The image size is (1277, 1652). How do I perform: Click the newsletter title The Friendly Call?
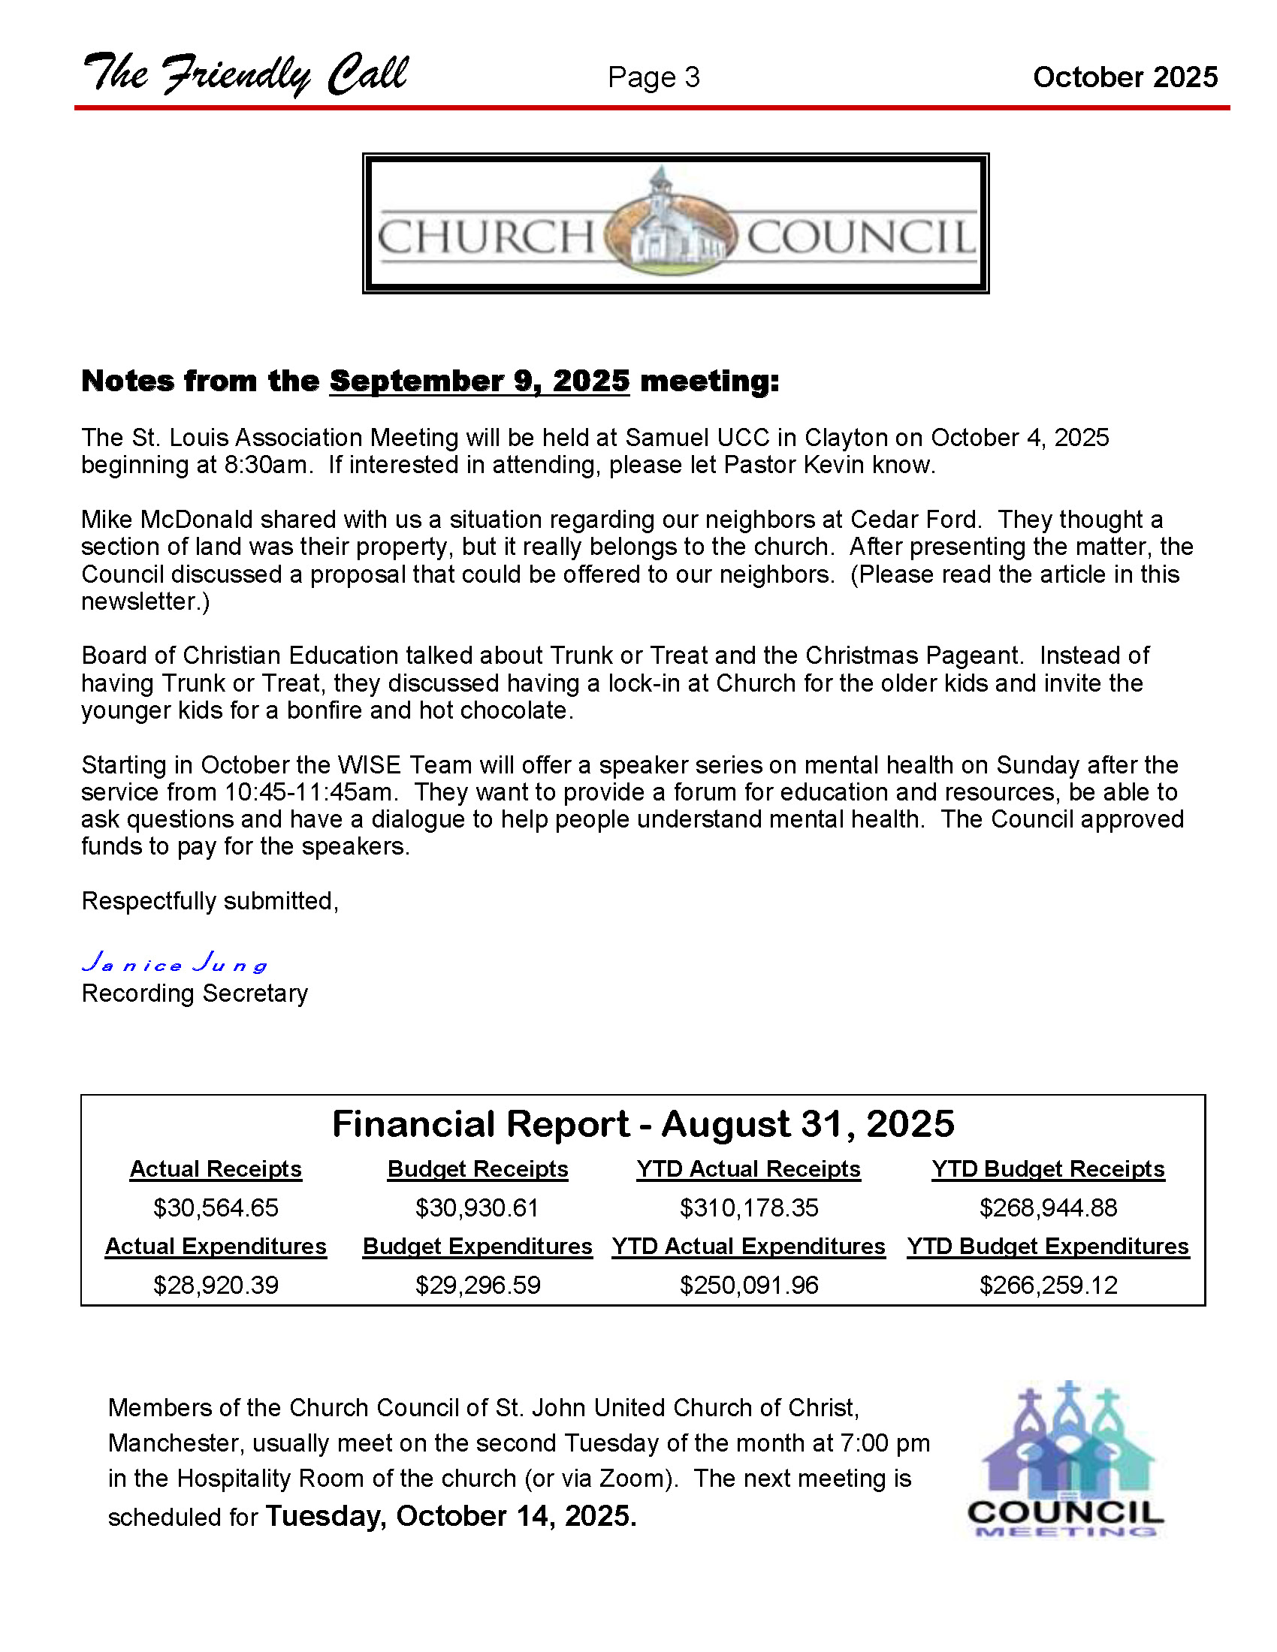point(245,75)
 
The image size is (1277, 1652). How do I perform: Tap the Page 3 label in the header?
point(654,77)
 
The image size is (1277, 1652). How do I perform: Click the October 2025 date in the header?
point(1125,77)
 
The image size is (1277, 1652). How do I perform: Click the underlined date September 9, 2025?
point(480,381)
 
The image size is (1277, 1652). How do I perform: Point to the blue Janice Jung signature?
point(175,963)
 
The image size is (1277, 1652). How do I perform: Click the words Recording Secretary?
point(195,993)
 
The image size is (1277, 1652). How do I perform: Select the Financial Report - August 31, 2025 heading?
point(643,1124)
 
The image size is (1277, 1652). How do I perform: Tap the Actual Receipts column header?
point(216,1169)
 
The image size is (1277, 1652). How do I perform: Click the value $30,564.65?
point(216,1208)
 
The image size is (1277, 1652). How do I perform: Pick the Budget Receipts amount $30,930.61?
point(477,1208)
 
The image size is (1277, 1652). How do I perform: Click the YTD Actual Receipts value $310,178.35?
point(748,1208)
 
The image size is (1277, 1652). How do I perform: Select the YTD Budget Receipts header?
point(1048,1169)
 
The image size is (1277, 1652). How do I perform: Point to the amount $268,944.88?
point(1048,1208)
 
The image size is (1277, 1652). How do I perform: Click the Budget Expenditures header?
point(477,1247)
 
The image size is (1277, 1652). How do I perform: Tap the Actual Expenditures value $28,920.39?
point(216,1285)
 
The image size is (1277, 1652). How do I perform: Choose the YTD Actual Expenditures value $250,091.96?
point(748,1285)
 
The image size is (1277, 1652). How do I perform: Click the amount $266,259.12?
point(1048,1285)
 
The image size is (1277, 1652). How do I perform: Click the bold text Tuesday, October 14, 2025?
point(451,1516)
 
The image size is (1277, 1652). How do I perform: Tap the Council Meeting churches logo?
point(1066,1458)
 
